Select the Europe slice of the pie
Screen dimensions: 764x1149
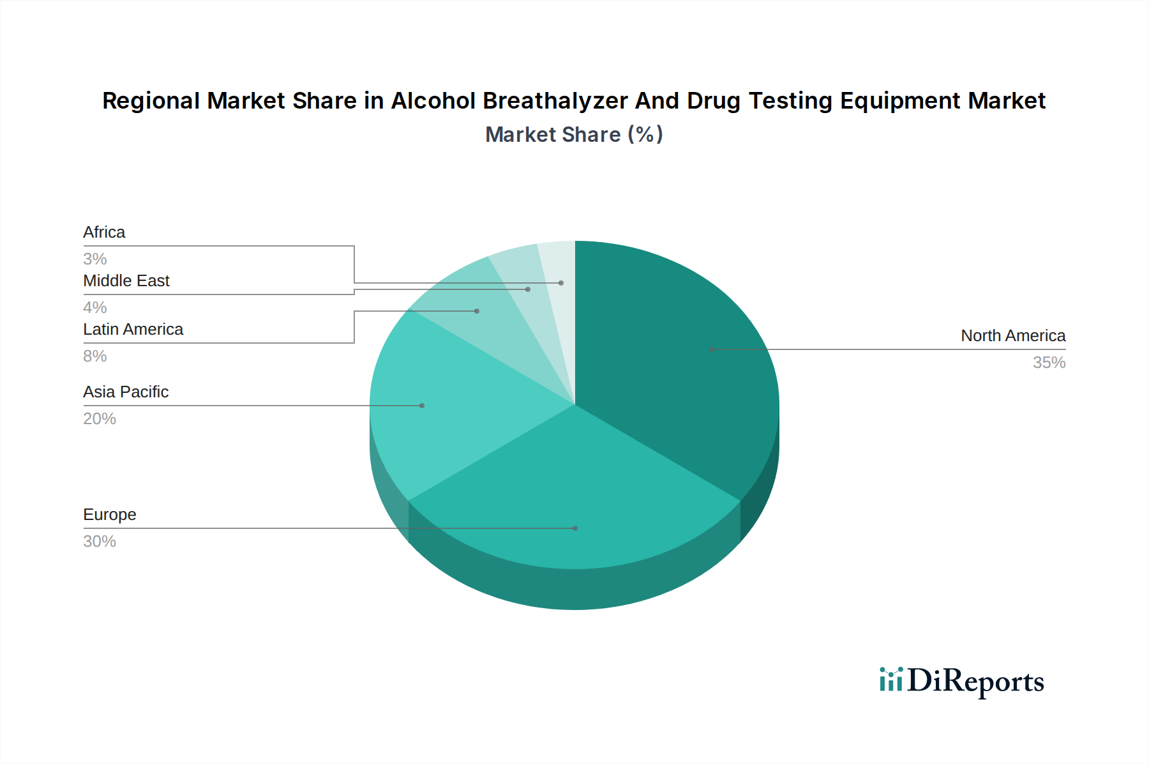[x=574, y=505]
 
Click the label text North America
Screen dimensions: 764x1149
[x=1013, y=335]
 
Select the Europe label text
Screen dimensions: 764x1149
[x=110, y=514]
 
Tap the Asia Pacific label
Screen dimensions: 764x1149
[x=126, y=392]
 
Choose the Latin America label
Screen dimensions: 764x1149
[x=133, y=329]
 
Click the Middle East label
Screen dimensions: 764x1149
[x=126, y=280]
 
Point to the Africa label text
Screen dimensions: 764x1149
[x=104, y=232]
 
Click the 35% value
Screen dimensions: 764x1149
[x=1049, y=362]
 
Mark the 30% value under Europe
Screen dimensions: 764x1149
[x=100, y=541]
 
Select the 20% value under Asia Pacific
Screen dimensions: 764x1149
[x=100, y=418]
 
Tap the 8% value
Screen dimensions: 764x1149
[x=95, y=356]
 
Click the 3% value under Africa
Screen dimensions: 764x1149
[x=95, y=259]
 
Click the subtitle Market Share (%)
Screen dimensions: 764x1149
[x=574, y=134]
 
